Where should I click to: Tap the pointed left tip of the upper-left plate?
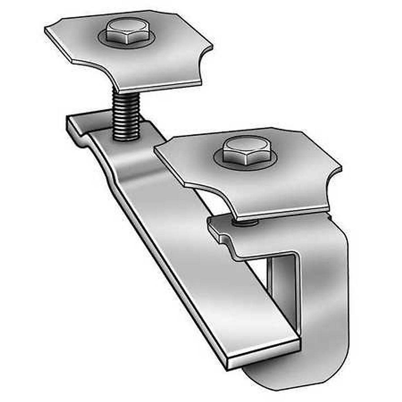[x=46, y=29]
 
